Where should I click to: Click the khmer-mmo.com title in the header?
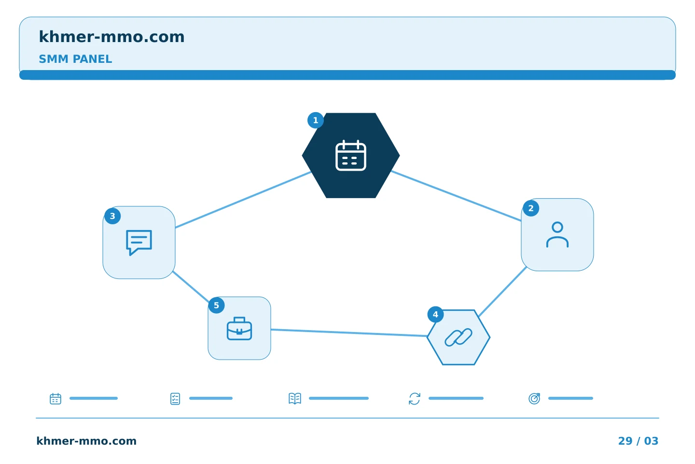click(x=111, y=37)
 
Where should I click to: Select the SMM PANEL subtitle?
click(x=75, y=59)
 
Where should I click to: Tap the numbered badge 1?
click(x=316, y=120)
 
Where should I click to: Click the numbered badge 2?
click(x=531, y=208)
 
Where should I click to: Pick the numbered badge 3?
click(x=112, y=216)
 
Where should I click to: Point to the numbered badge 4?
click(x=435, y=315)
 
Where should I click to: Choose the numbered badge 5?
click(x=216, y=305)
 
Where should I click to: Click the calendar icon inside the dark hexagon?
click(x=350, y=156)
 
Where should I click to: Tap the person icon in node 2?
click(x=557, y=234)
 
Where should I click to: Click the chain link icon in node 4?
click(x=459, y=337)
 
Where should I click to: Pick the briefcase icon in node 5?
click(x=239, y=329)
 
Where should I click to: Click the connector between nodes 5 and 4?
click(x=349, y=333)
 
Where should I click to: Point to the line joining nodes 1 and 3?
click(x=243, y=200)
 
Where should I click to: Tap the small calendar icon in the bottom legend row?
click(x=56, y=398)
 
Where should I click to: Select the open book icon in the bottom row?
click(x=295, y=398)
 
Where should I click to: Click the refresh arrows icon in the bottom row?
click(x=415, y=398)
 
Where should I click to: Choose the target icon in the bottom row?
click(x=534, y=398)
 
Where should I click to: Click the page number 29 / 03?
click(x=638, y=441)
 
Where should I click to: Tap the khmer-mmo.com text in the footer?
click(x=86, y=441)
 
